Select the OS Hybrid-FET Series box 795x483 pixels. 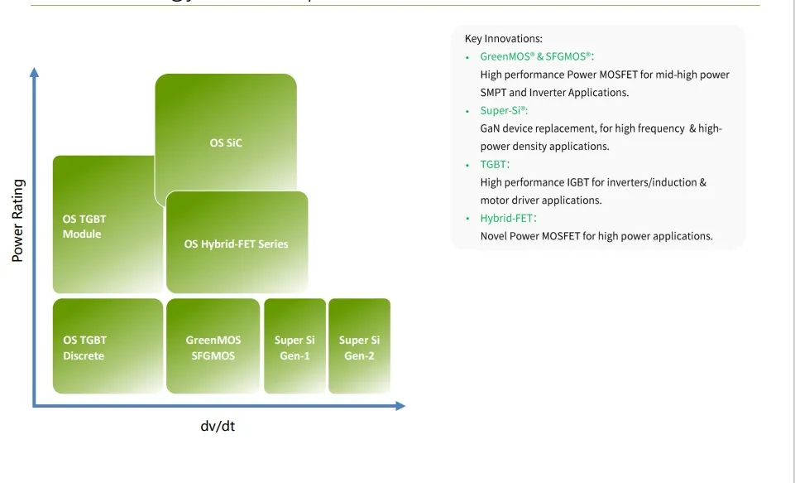point(237,244)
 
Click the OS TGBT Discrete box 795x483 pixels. point(108,347)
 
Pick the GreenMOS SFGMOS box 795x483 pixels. point(213,347)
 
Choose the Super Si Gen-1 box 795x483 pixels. point(295,347)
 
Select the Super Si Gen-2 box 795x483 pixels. point(359,347)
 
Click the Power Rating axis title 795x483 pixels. point(18,220)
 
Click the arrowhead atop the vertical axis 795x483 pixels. point(34,72)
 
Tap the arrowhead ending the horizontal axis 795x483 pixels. point(400,406)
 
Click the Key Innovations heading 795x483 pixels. point(503,39)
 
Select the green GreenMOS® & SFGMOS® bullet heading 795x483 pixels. point(537,57)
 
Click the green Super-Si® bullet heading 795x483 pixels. point(504,110)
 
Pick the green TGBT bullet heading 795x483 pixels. point(495,164)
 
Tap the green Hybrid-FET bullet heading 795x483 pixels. point(508,218)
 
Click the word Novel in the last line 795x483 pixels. point(495,236)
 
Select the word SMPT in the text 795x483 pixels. point(494,93)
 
